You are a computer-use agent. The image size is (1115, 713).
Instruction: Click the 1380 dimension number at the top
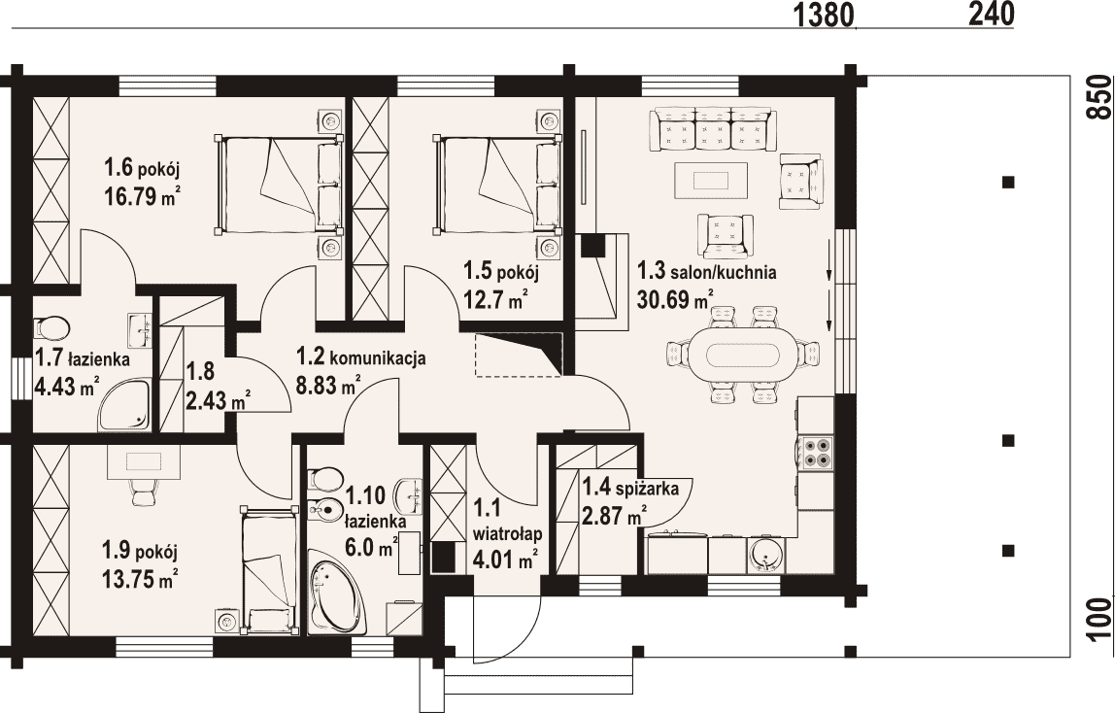823,15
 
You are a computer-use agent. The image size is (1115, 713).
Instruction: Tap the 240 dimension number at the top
992,14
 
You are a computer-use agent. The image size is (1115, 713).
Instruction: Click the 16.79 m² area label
142,195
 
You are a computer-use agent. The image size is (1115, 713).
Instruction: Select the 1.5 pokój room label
501,271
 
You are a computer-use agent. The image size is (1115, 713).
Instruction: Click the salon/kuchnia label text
723,272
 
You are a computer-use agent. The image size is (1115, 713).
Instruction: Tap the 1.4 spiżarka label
630,489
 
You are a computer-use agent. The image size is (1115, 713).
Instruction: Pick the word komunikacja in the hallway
379,356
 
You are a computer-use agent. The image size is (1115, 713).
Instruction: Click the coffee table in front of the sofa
711,180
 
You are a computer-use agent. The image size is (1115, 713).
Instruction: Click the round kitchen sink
765,554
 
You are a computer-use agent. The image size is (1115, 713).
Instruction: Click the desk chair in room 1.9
143,491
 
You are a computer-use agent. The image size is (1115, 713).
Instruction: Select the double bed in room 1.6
279,183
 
